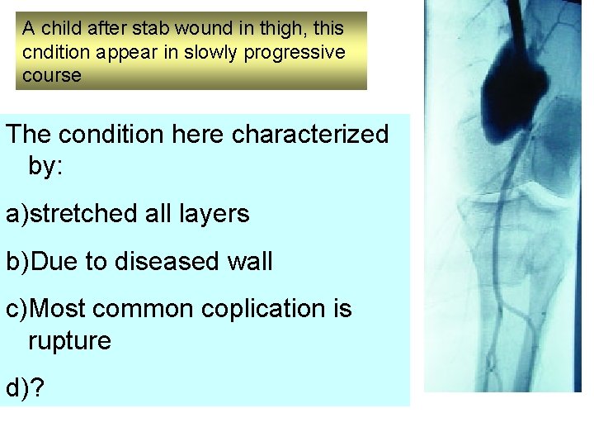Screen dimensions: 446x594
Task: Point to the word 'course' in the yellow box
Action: pos(52,74)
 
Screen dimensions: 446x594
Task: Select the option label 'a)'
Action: pos(18,214)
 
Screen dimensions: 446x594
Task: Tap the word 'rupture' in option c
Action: pos(69,340)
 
